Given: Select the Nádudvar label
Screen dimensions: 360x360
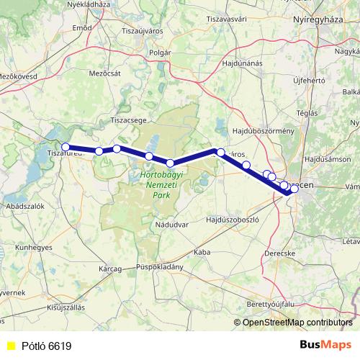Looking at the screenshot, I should (171, 225).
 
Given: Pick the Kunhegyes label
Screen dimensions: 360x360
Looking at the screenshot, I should (30, 247).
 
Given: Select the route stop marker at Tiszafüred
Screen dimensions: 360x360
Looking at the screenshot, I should (66, 147).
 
